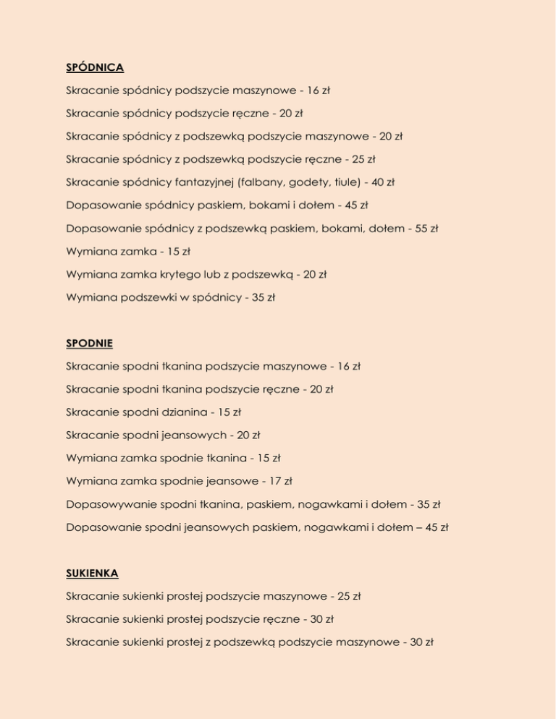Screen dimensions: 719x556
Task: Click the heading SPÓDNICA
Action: point(95,68)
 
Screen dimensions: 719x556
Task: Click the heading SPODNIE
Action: point(89,343)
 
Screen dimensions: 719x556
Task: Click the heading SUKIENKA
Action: point(92,572)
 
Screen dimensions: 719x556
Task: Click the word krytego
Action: point(164,274)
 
